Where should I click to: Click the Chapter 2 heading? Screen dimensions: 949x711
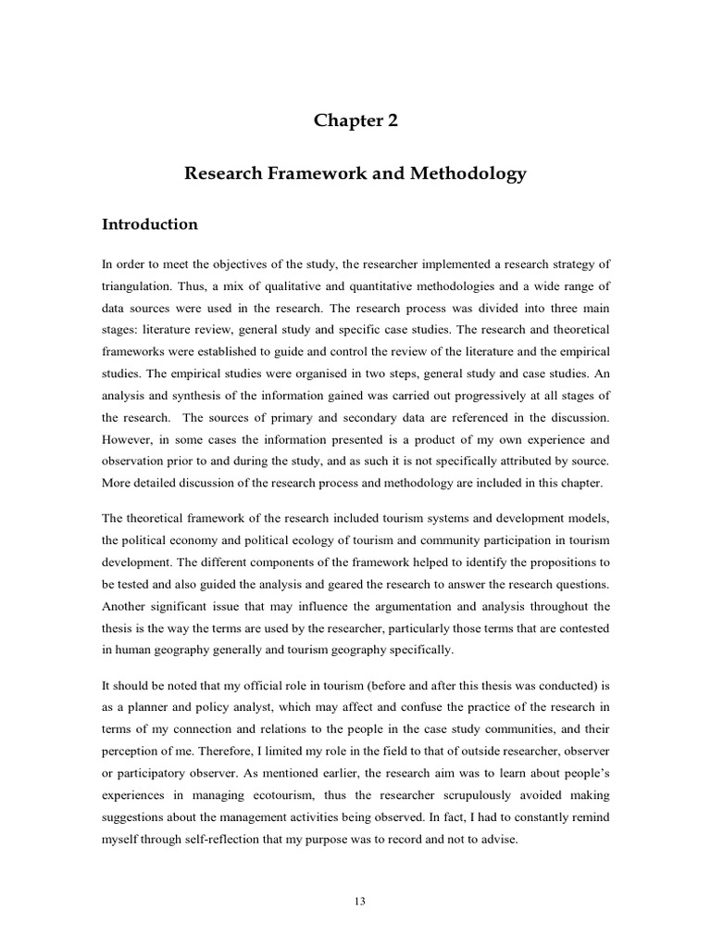(x=355, y=120)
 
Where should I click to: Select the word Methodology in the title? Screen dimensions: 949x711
(x=466, y=173)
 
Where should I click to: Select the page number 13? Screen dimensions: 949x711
(x=355, y=898)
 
